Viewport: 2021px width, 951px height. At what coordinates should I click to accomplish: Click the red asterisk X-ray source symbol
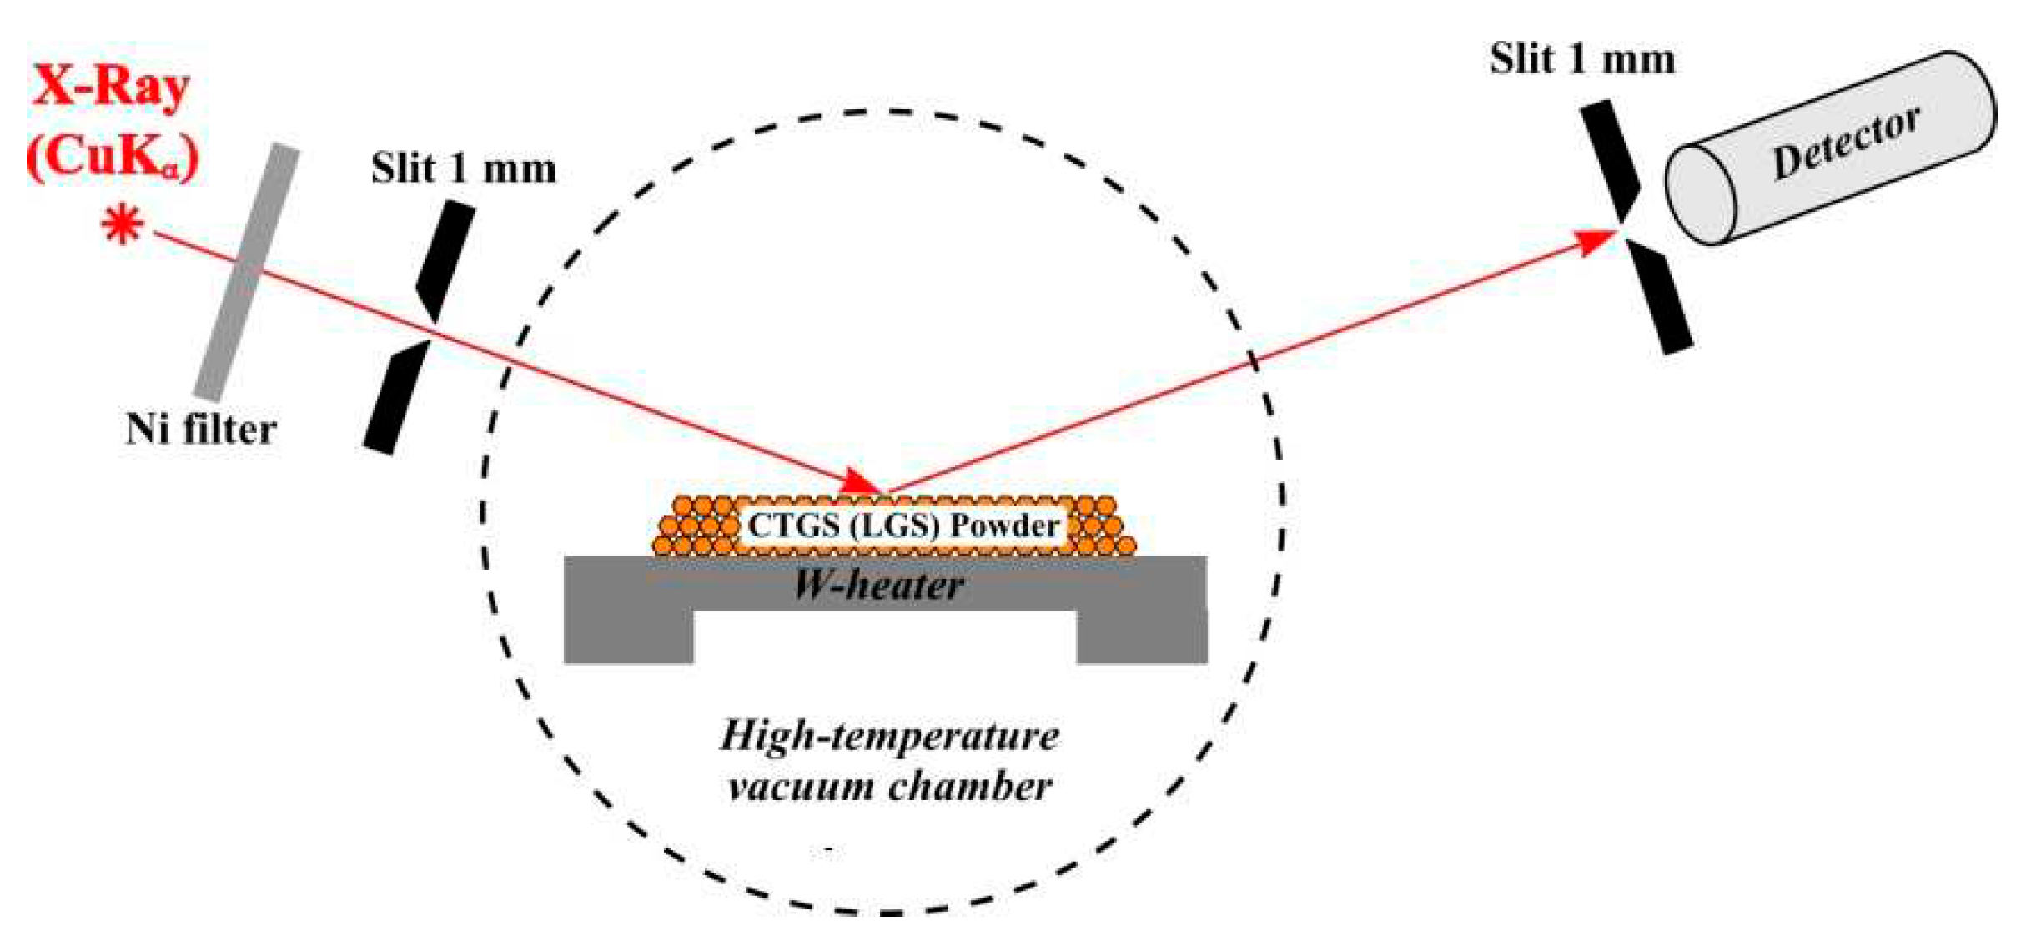[123, 225]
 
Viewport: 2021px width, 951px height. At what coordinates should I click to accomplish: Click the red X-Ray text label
[110, 87]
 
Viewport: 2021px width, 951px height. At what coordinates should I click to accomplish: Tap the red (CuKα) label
[113, 157]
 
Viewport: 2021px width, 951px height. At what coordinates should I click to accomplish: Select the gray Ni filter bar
[247, 272]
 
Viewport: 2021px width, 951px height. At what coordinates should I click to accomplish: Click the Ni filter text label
[200, 430]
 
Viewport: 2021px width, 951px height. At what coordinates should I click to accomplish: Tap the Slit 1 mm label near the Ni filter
[463, 169]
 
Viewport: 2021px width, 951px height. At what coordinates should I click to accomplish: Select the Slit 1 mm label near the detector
[1582, 60]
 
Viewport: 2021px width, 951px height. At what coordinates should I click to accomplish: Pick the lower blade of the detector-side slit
[1660, 299]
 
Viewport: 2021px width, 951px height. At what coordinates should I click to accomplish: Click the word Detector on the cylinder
[1845, 143]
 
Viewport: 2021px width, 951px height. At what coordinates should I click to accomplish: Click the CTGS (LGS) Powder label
[903, 526]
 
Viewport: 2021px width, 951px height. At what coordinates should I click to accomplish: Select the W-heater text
[880, 586]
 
